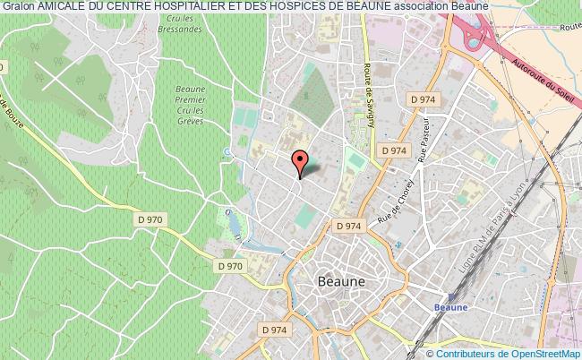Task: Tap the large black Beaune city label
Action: point(340,280)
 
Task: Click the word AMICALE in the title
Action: point(63,7)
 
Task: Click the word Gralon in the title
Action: point(18,7)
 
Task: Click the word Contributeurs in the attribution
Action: point(458,353)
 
